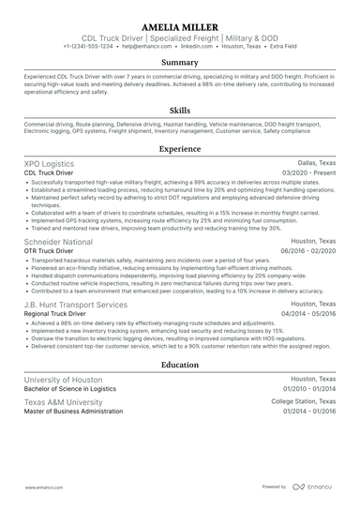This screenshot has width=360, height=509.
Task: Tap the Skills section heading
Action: (x=180, y=111)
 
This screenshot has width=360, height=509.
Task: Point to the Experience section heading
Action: (x=180, y=148)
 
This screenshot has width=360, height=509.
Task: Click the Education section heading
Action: (x=180, y=365)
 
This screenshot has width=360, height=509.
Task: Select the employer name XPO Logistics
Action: (x=52, y=162)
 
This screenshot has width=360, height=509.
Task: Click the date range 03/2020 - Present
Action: (x=309, y=172)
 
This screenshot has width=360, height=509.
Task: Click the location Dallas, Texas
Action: (x=314, y=162)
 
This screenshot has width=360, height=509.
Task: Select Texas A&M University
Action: (x=63, y=401)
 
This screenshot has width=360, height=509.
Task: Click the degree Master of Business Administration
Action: (x=77, y=412)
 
